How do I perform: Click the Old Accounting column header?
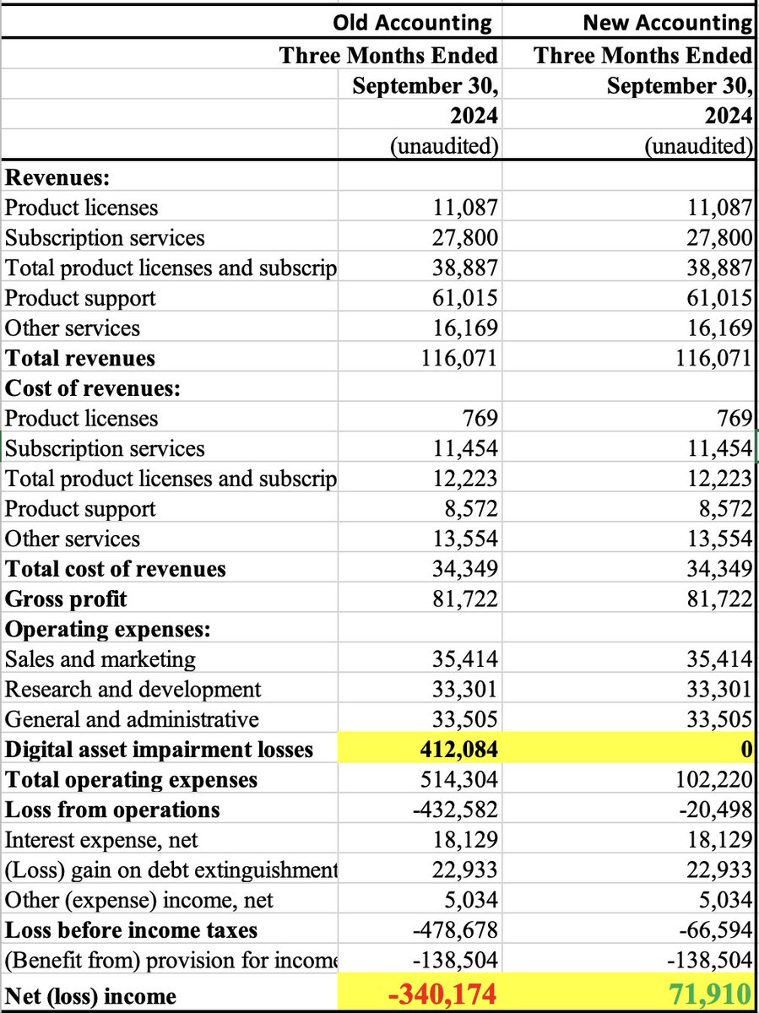(x=412, y=22)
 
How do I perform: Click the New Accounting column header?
(x=667, y=22)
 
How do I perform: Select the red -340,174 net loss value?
(x=442, y=994)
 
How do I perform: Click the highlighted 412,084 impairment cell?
(x=456, y=749)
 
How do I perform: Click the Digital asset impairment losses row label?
(x=159, y=749)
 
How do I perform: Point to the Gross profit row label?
(x=66, y=599)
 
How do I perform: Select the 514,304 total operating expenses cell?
(x=458, y=779)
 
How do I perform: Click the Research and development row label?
(x=133, y=689)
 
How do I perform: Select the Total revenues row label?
(x=80, y=358)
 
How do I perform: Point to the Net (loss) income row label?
(x=91, y=996)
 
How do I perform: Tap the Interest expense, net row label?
(x=102, y=840)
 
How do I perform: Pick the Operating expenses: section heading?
(x=108, y=629)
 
